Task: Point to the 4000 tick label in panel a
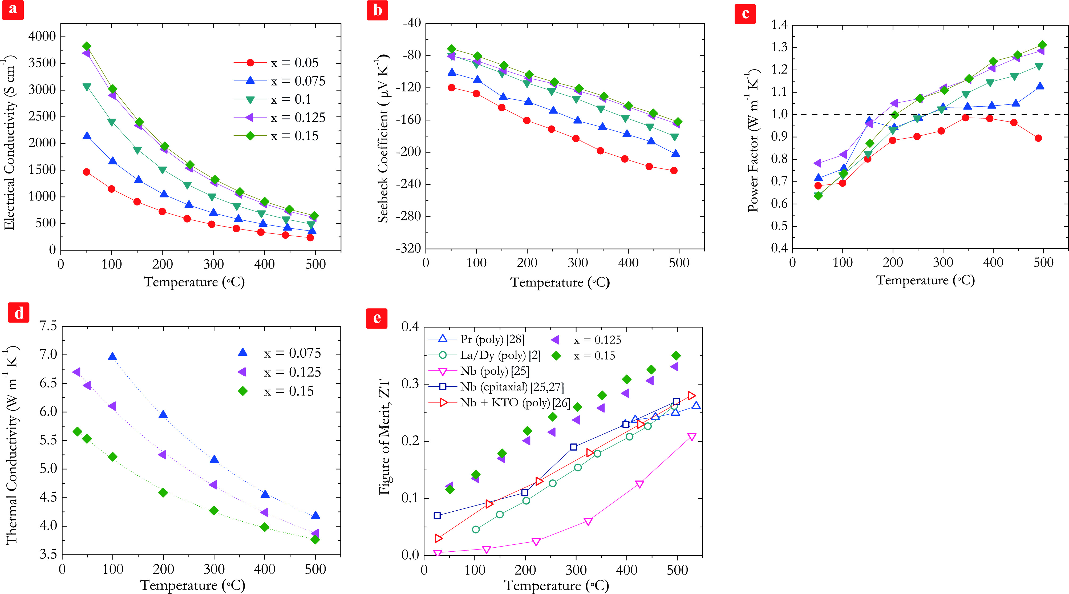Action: click(x=42, y=37)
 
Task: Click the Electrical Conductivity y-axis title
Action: click(x=10, y=143)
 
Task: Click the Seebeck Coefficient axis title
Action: click(x=383, y=139)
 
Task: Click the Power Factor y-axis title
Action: click(x=753, y=141)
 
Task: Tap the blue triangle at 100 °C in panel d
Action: click(x=112, y=357)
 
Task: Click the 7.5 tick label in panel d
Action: click(x=48, y=326)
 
